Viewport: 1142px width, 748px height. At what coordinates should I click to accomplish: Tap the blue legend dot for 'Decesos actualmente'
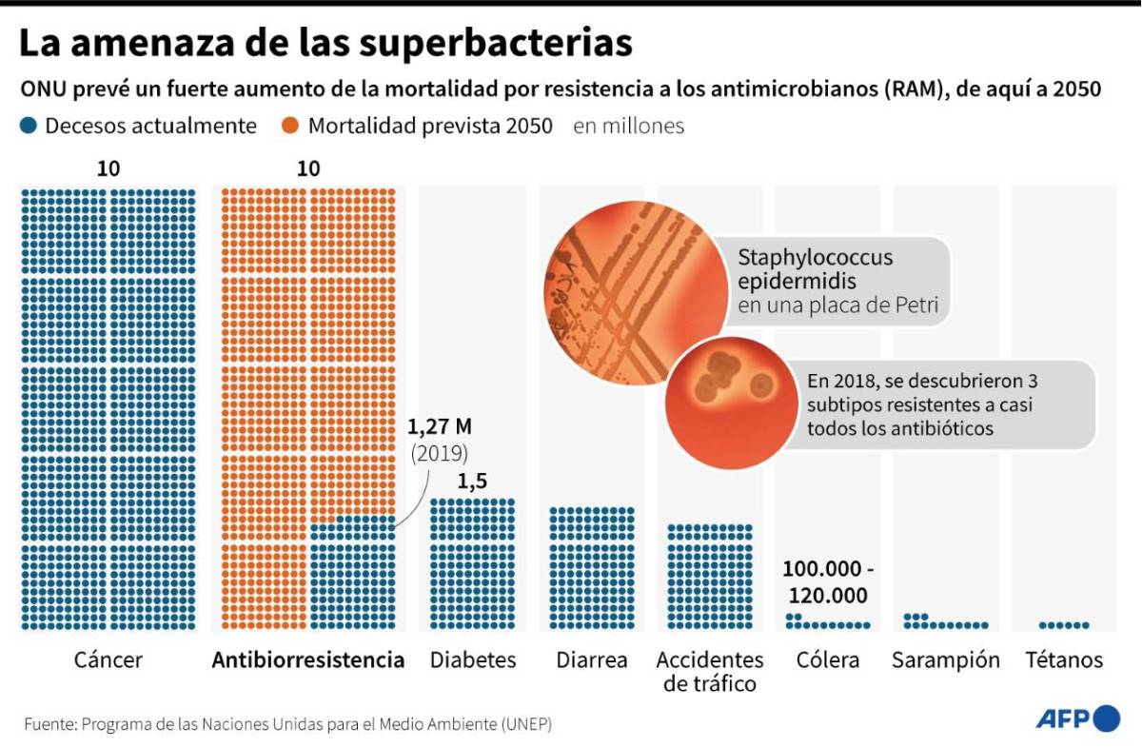29,126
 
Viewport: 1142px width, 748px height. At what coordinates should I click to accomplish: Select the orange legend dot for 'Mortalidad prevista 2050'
291,126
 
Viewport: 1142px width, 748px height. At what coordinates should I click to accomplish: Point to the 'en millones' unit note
628,126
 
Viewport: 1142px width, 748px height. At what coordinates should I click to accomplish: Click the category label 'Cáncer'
108,660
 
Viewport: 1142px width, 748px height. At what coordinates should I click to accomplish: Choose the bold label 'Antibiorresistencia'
307,660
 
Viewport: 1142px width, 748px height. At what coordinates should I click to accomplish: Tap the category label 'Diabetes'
473,660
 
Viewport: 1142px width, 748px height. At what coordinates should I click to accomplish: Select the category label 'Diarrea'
591,660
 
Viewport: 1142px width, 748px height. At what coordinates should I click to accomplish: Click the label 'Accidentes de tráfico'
709,671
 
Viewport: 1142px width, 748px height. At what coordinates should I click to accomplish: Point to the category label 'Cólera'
827,660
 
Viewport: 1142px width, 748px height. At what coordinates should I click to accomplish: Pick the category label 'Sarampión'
945,660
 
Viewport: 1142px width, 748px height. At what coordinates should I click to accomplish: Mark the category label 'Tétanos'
1064,660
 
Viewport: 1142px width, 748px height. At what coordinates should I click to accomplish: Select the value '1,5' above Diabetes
472,482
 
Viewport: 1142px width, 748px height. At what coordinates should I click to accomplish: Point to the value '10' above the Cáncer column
108,169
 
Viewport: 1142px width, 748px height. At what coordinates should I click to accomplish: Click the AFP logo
1077,718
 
